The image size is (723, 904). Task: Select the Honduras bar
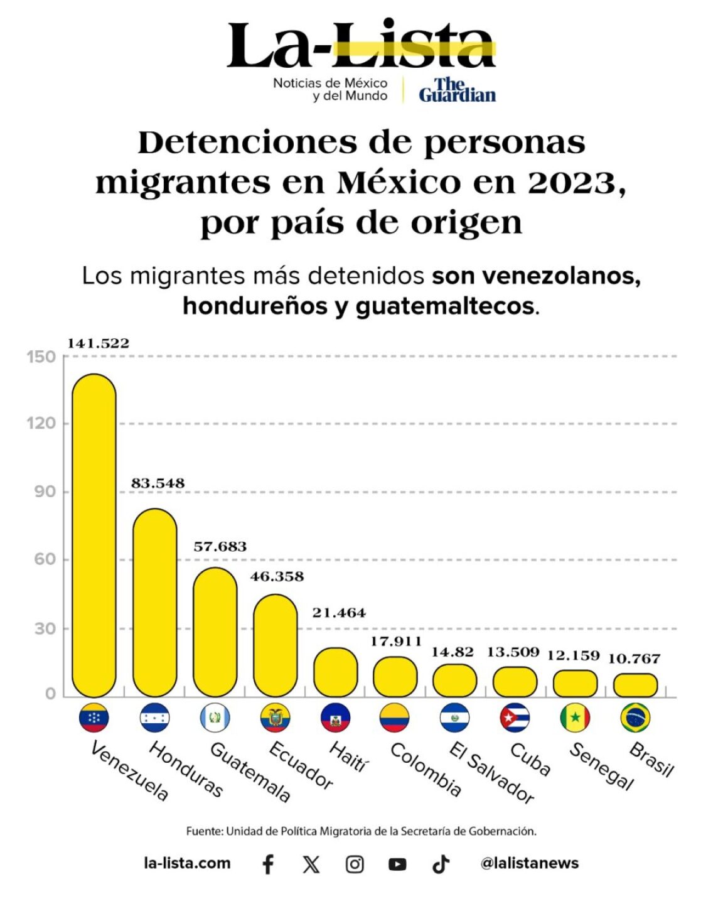pyautogui.click(x=154, y=603)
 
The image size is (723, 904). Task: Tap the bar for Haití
pyautogui.click(x=336, y=672)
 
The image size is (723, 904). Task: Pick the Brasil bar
pyautogui.click(x=635, y=686)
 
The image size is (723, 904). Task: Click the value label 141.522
pyautogui.click(x=98, y=343)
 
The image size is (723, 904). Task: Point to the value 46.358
pyautogui.click(x=277, y=576)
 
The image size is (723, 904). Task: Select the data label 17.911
pyautogui.click(x=395, y=641)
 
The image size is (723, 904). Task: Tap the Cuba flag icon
pyautogui.click(x=515, y=718)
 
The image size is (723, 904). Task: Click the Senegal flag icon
pyautogui.click(x=575, y=718)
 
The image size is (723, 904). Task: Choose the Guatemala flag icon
pyautogui.click(x=215, y=718)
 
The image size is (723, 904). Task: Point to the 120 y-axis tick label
pyautogui.click(x=41, y=423)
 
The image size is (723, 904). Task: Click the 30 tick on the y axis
pyautogui.click(x=45, y=628)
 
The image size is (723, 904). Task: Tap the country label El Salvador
pyautogui.click(x=491, y=773)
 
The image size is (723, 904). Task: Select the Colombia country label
pyautogui.click(x=426, y=769)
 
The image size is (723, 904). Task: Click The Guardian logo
pyautogui.click(x=457, y=90)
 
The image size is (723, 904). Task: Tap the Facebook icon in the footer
pyautogui.click(x=268, y=864)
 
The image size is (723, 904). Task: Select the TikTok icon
pyautogui.click(x=441, y=864)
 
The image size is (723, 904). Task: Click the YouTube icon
pyautogui.click(x=397, y=864)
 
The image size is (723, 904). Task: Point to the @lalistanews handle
pyautogui.click(x=529, y=863)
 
